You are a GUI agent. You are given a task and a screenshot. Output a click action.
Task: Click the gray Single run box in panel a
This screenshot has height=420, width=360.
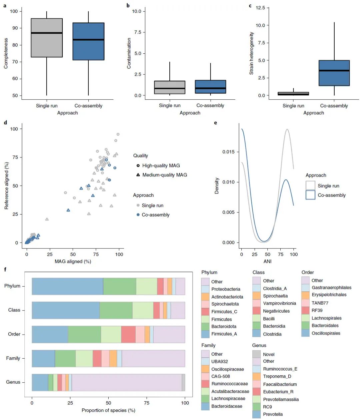(47, 38)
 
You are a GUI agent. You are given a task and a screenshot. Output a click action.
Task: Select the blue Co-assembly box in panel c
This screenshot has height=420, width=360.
(334, 73)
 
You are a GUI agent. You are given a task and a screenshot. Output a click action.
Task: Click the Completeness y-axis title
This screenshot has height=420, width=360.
(6, 53)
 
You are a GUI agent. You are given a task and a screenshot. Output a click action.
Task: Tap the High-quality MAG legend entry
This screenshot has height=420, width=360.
(161, 165)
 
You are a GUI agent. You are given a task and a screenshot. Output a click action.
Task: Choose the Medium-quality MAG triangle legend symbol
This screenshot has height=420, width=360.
(138, 175)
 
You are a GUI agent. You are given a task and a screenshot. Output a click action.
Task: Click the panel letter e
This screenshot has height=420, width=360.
(215, 123)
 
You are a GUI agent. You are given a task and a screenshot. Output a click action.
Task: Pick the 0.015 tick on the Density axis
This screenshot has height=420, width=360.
(228, 152)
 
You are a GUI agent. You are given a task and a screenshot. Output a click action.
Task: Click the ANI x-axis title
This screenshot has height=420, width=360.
(267, 261)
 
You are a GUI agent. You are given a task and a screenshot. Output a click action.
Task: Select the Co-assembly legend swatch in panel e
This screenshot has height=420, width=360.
(310, 195)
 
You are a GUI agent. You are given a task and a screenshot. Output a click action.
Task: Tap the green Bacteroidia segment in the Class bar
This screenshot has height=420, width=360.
(116, 310)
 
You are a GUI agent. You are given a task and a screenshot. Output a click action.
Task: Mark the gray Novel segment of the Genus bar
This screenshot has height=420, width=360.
(183, 382)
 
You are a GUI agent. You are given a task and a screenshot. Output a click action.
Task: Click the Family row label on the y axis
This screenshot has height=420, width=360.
(13, 358)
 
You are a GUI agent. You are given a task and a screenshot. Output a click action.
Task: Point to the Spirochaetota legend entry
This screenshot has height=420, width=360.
(225, 304)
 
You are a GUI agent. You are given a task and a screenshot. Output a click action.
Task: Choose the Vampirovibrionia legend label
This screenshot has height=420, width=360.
(279, 303)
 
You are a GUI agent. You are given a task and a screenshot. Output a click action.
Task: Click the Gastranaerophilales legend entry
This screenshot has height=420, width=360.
(331, 287)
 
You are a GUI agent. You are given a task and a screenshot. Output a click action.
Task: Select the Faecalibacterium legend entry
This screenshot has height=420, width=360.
(280, 384)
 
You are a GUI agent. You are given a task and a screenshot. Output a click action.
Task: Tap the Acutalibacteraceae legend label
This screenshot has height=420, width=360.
(230, 391)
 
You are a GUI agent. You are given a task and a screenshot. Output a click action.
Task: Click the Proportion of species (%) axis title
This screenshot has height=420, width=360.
(108, 410)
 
